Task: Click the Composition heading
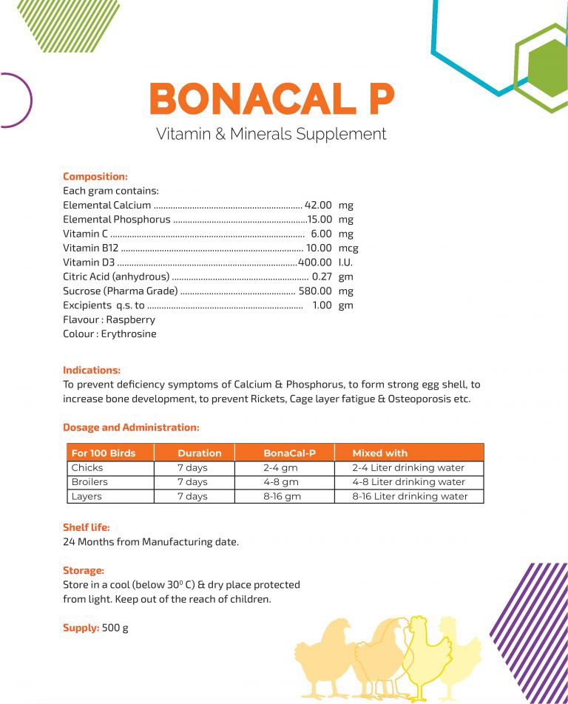(x=95, y=177)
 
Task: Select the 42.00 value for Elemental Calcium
(x=318, y=206)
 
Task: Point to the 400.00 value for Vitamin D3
(x=314, y=263)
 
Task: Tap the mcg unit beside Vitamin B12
(x=348, y=248)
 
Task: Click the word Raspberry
(x=130, y=319)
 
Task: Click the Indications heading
(x=92, y=370)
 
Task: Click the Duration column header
(x=199, y=453)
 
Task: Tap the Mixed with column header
(x=379, y=453)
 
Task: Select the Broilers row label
(x=89, y=482)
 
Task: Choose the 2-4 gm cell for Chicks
(x=280, y=467)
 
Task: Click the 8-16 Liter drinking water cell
(x=410, y=496)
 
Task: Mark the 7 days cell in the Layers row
(x=192, y=496)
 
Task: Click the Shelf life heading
(x=87, y=527)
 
